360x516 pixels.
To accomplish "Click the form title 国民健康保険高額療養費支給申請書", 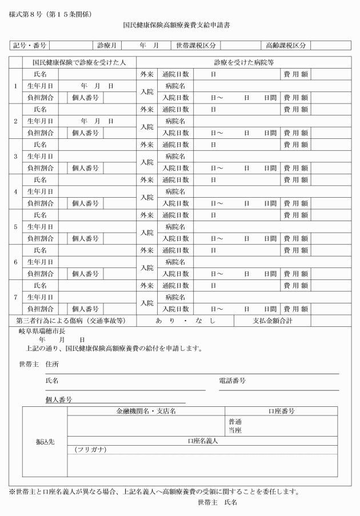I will pos(181,26).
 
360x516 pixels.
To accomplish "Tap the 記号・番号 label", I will pos(29,45).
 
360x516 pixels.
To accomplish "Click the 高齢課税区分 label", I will pos(283,45).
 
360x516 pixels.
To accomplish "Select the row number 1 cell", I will pos(15,86).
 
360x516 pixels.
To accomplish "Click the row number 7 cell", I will pos(15,297).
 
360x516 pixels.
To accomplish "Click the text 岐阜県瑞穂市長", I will pos(39,330).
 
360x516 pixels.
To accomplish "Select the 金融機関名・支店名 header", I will pos(146,411).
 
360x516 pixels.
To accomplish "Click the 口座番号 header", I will pos(281,411).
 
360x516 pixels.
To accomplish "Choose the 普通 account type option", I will pos(235,422).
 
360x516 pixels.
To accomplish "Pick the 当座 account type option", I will pos(235,430).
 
